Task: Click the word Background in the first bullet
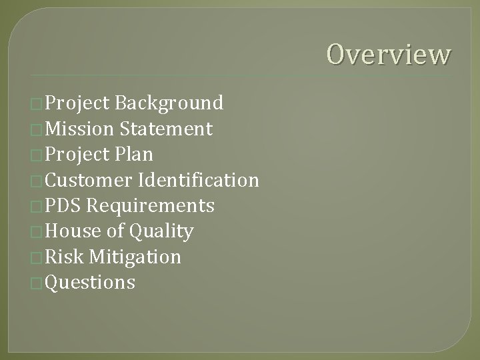coord(169,103)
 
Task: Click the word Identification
coord(199,180)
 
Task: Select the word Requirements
coord(151,206)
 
